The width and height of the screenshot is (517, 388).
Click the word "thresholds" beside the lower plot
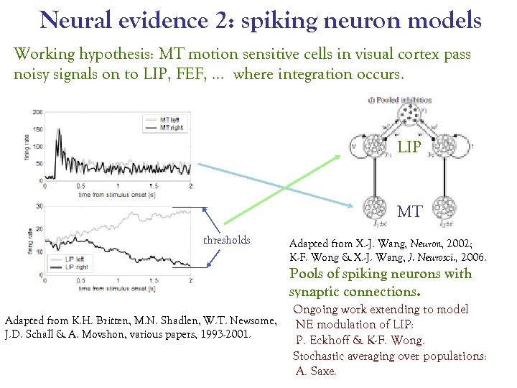[x=226, y=240]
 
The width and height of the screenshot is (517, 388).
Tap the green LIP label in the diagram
[x=409, y=147]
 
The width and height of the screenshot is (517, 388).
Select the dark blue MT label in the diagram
[x=409, y=211]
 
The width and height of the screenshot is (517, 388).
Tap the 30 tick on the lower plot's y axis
[x=39, y=206]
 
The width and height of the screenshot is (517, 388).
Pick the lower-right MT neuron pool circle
[x=444, y=211]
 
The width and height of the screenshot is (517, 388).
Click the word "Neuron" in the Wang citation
[x=395, y=244]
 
